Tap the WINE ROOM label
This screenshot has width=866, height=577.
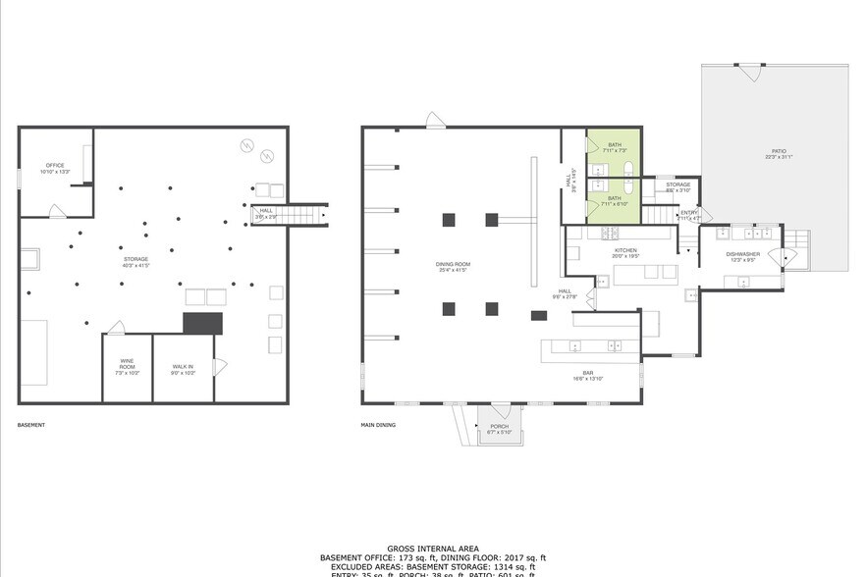pos(128,369)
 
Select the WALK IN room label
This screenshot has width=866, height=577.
pos(184,369)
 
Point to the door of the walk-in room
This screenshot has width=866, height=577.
pos(220,366)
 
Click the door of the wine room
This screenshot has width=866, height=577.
pos(116,328)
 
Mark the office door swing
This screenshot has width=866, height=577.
pos(58,211)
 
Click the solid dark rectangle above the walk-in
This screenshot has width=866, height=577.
pos(203,324)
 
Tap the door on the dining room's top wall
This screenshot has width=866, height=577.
pos(436,120)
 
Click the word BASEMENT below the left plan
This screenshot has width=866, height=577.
pos(31,426)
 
